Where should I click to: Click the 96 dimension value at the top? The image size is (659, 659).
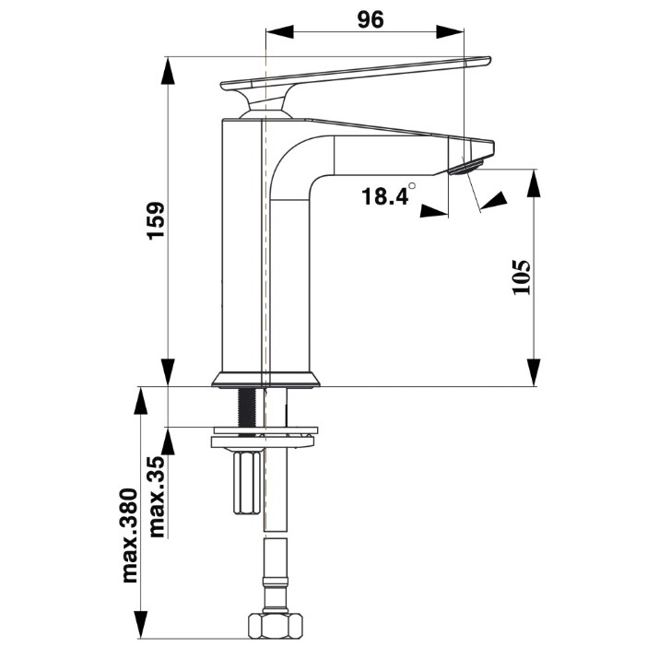click(371, 19)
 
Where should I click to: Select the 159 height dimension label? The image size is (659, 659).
click(157, 221)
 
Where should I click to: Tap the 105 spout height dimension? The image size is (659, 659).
click(522, 277)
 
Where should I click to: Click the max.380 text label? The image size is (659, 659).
click(129, 535)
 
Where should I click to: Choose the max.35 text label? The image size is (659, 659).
click(158, 497)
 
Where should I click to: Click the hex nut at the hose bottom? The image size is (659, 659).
click(276, 626)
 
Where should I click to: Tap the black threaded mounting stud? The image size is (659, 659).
click(247, 406)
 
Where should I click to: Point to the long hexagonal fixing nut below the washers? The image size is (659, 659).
click(248, 482)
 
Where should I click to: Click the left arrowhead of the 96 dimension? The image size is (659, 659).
click(279, 31)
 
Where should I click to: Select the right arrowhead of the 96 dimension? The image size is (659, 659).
click(450, 31)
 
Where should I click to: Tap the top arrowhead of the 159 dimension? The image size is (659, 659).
click(168, 71)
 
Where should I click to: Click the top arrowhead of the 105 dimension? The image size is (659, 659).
click(534, 182)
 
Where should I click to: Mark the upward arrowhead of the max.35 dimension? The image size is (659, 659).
click(168, 441)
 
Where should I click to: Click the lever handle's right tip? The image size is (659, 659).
click(489, 60)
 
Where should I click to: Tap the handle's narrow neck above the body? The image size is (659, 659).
click(265, 103)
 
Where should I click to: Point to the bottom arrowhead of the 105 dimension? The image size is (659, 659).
click(534, 372)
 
